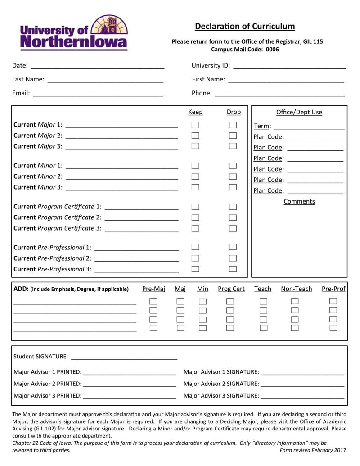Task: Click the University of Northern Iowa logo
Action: pyautogui.click(x=74, y=32)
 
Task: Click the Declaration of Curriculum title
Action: pyautogui.click(x=245, y=26)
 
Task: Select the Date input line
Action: pyautogui.click(x=97, y=66)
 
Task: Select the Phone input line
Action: pyautogui.click(x=279, y=94)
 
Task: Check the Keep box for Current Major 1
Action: pyautogui.click(x=195, y=125)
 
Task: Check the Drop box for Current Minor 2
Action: pyautogui.click(x=233, y=176)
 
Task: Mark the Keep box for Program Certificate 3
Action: pyautogui.click(x=195, y=228)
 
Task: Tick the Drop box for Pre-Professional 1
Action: pyautogui.click(x=233, y=247)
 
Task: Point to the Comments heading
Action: pyautogui.click(x=299, y=202)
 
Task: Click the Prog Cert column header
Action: pyautogui.click(x=231, y=289)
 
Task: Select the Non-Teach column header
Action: pyautogui.click(x=296, y=289)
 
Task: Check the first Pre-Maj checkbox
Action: pyautogui.click(x=153, y=301)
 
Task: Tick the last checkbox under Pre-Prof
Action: pyautogui.click(x=333, y=328)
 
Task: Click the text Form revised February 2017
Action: pyautogui.click(x=313, y=450)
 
